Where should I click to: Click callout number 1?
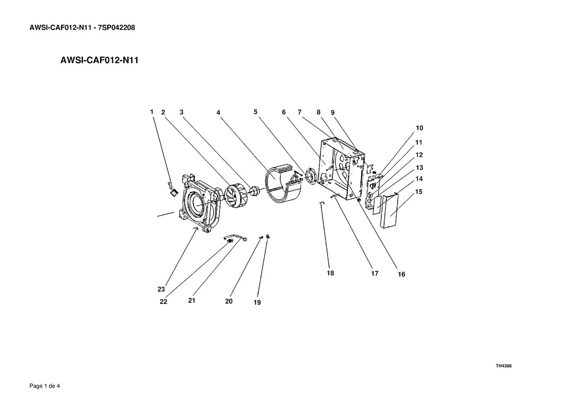pos(152,112)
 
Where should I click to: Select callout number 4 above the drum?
pos(218,112)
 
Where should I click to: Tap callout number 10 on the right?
pos(419,128)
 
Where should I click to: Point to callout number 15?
pos(419,192)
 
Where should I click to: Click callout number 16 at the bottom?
pos(401,274)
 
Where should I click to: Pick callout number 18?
pos(330,273)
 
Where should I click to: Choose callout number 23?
pos(161,289)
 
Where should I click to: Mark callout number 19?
pos(257,302)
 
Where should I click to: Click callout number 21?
pos(191,300)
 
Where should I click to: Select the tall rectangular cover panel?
pos(389,211)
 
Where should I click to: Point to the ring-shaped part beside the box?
pos(311,176)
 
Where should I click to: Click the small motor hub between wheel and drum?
pos(256,191)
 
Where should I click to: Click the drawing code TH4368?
pos(504,366)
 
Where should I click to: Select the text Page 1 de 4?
pos(45,386)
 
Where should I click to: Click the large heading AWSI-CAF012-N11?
pos(99,60)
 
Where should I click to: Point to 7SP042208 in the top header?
pos(117,28)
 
